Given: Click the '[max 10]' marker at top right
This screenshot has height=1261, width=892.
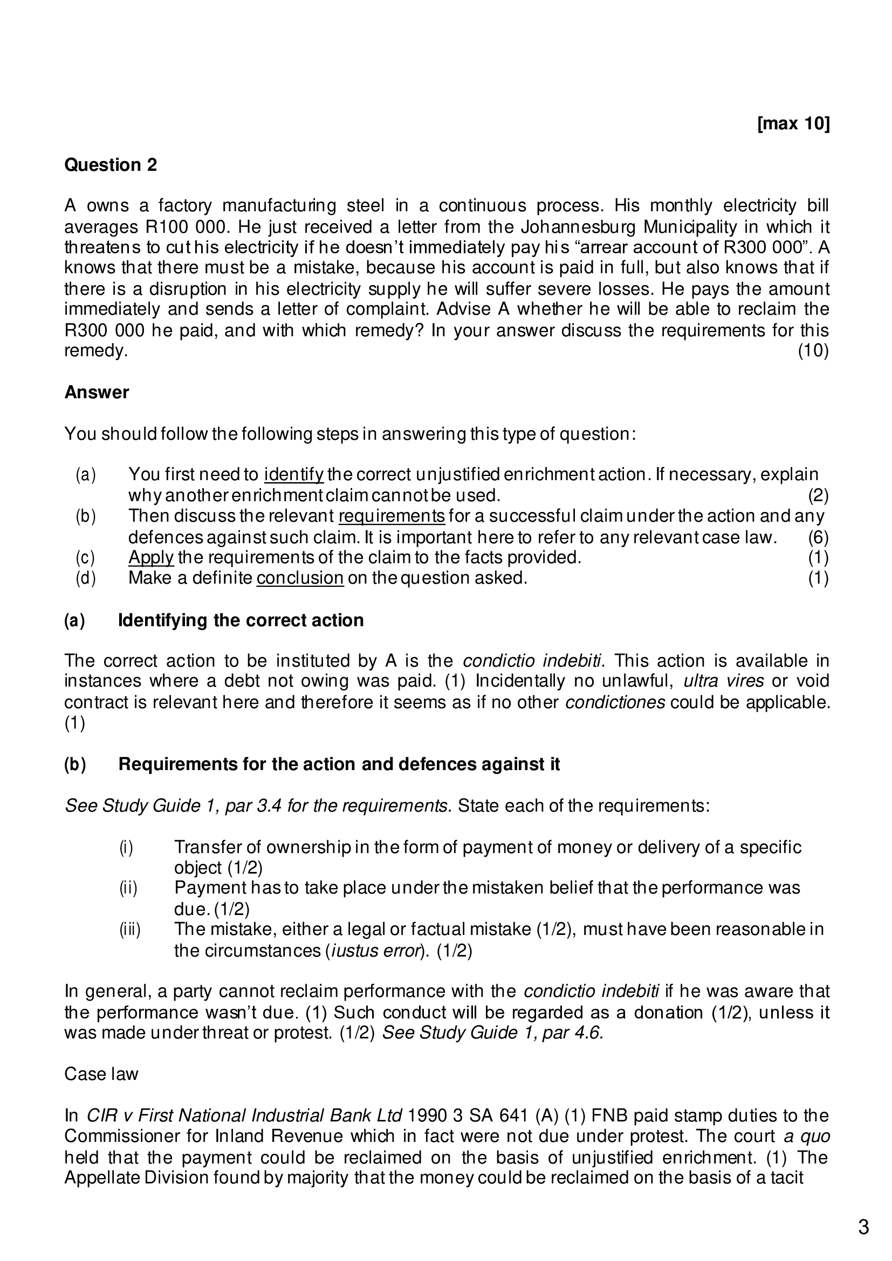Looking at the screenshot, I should (x=793, y=123).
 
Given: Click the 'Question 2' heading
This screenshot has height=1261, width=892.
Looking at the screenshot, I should (x=111, y=165).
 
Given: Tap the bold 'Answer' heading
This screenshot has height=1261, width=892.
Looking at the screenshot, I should (x=96, y=392).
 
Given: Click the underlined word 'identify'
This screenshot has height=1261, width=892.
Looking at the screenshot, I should (x=293, y=474).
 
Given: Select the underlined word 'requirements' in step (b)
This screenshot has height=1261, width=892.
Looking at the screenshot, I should (x=392, y=516).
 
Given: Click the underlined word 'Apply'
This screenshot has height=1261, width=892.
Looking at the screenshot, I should (x=150, y=557).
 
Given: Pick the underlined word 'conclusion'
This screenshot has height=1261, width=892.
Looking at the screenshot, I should (x=299, y=578).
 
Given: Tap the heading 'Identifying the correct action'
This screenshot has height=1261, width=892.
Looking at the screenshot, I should (x=241, y=620).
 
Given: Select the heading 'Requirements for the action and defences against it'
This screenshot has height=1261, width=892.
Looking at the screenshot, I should (x=339, y=764).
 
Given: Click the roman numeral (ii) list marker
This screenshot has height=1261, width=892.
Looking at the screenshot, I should (x=128, y=888).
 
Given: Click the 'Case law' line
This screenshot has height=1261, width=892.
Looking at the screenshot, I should (x=101, y=1073).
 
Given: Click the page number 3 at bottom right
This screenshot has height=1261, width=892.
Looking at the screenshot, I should (x=863, y=1227).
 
